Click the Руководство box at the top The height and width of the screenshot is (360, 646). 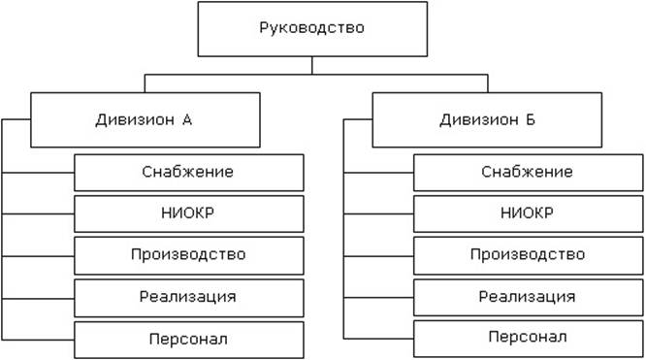coord(311,28)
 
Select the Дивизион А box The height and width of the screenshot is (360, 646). coord(145,119)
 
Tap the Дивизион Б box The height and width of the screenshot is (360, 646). coord(487,119)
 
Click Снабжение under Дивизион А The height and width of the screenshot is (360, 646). coord(189,172)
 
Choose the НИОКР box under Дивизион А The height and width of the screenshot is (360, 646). coord(189,213)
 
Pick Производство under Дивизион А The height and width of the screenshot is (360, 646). coord(189,254)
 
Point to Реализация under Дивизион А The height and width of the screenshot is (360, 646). coord(189,296)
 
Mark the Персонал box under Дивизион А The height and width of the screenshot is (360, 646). coord(189,338)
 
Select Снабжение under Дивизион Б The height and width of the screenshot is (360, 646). coord(528,172)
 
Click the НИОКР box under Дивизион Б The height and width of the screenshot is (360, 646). coord(528,213)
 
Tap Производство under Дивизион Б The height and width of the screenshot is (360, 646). coord(528,254)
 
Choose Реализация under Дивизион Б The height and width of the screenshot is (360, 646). coord(528,296)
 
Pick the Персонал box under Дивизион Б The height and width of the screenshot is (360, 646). coord(528,338)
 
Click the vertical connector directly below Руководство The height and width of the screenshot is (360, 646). coord(311,65)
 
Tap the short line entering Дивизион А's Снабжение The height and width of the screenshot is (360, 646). coord(39,173)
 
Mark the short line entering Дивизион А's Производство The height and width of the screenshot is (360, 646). coord(39,255)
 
